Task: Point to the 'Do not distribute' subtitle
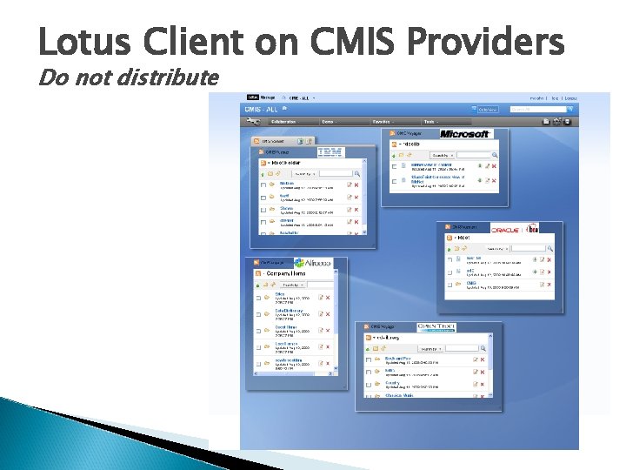[x=128, y=77]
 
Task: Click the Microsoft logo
[x=465, y=134]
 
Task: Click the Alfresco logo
[x=312, y=263]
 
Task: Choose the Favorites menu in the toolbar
[x=380, y=122]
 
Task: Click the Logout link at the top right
[x=570, y=98]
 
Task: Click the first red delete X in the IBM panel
[x=356, y=185]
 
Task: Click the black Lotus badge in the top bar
[x=252, y=97]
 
